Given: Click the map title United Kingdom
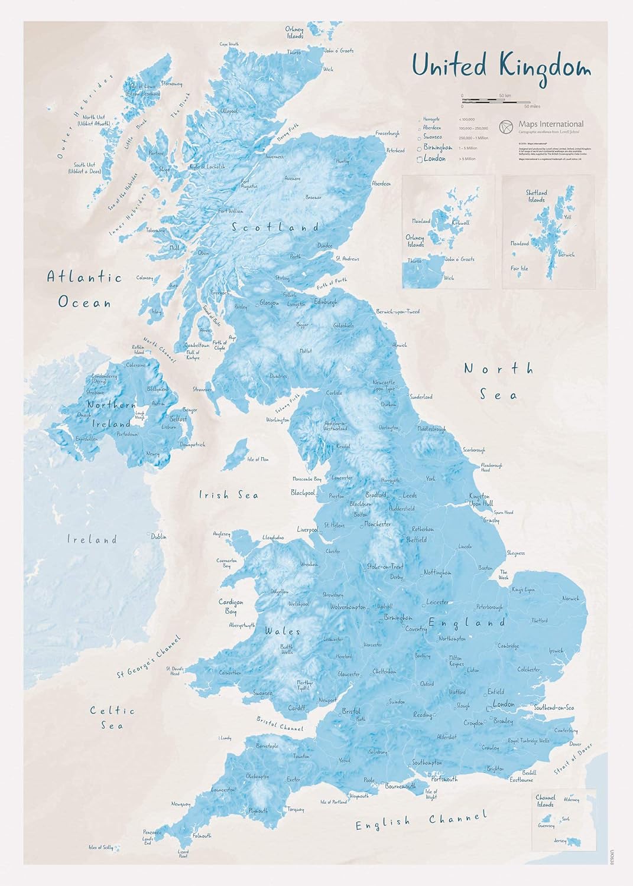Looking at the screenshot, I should (501, 66).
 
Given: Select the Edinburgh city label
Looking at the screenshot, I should (326, 302).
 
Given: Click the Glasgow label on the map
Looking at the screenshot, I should (270, 303).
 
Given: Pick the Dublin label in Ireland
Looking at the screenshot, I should (158, 537).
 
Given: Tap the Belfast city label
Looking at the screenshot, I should (178, 418).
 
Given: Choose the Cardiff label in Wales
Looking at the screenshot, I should (297, 708).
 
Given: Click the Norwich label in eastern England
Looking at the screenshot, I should (571, 598).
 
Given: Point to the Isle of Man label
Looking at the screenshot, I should (258, 459).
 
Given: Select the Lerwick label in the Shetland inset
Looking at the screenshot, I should (566, 255).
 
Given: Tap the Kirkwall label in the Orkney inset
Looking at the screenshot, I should (460, 223).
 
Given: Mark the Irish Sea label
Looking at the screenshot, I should (228, 495).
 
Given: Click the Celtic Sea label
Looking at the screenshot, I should (112, 718).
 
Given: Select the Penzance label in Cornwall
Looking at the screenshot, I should (152, 832).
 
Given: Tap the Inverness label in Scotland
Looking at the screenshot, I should (275, 157).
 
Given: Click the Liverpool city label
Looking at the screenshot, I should (307, 530).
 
